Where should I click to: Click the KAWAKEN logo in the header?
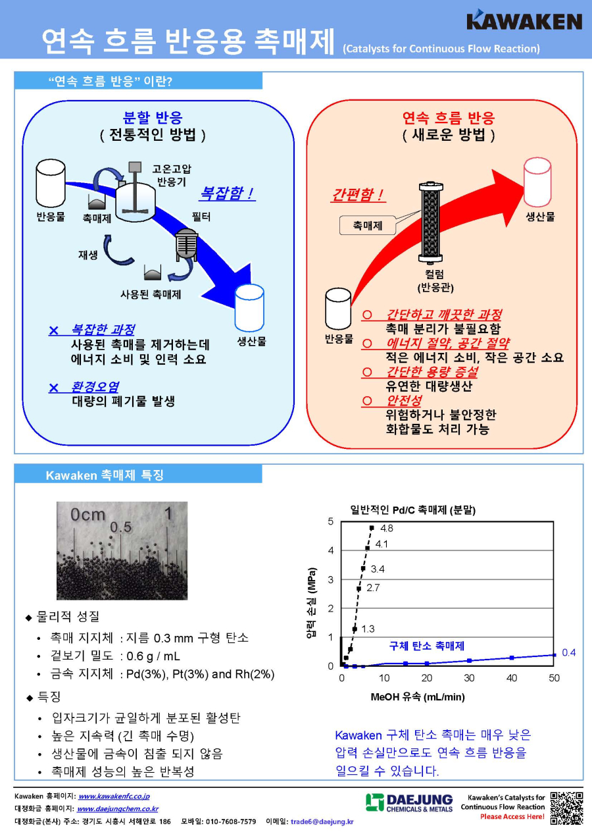pos(524,20)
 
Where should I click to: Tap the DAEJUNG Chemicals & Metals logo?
pos(409,803)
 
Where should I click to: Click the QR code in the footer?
pos(566,808)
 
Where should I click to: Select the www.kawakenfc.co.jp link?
pos(114,797)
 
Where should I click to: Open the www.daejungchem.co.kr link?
pos(118,809)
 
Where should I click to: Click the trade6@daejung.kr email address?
pos(322,822)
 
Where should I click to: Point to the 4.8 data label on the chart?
pos(387,528)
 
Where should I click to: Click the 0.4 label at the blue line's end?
pos(568,653)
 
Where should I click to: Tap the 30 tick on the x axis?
pos(469,678)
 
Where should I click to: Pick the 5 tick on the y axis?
pos(330,521)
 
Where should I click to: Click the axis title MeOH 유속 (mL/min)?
pos(418,697)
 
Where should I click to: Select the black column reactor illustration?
pos(431,223)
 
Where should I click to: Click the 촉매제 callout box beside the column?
pos(368,225)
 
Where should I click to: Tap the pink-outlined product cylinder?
pos(537,182)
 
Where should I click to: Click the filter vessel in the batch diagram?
pos(187,245)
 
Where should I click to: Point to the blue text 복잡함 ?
pos(227,194)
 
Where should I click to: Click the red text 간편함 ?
pos(358,195)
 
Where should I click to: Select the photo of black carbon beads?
pos(122,551)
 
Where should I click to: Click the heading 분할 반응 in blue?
pos(153,117)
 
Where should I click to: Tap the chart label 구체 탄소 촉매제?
pos(426,646)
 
